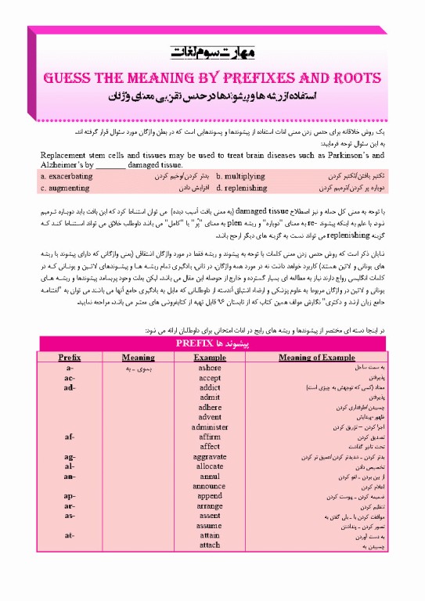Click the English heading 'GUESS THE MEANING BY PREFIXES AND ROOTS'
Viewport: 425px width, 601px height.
(212, 78)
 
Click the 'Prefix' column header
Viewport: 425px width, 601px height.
(70, 356)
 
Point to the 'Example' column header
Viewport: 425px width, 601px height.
(210, 356)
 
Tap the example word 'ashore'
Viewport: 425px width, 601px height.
(210, 366)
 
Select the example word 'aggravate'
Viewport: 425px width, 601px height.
(210, 456)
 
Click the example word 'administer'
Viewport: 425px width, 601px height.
(210, 426)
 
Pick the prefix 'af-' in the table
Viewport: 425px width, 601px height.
(70, 436)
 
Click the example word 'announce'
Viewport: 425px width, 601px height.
(210, 486)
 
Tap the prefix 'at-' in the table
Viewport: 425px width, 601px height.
(70, 535)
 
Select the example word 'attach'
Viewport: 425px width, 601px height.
(210, 545)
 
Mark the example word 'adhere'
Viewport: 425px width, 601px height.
(210, 407)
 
